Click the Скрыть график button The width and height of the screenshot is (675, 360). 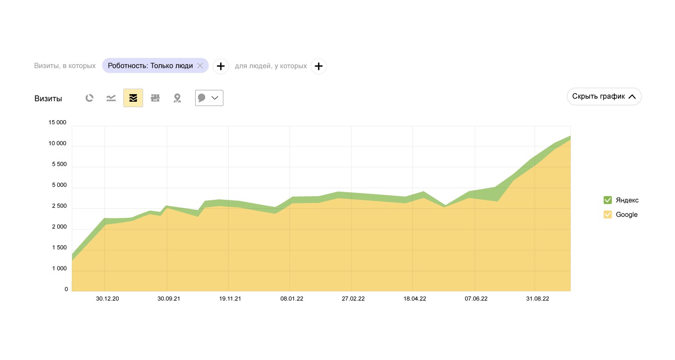[604, 96]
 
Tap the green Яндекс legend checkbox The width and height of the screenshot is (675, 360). [607, 200]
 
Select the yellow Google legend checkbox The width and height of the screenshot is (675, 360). [607, 215]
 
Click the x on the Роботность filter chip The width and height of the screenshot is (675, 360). [200, 66]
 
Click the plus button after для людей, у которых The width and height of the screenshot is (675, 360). [319, 66]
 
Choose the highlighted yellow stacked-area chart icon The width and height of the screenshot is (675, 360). [133, 98]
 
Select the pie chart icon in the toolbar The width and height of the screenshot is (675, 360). [90, 98]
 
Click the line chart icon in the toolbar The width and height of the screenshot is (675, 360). [111, 98]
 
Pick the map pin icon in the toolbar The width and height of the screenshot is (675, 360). [177, 98]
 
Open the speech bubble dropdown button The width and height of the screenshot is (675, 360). [209, 98]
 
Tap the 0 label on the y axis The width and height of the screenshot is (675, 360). [66, 289]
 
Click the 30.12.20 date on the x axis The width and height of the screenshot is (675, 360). [108, 299]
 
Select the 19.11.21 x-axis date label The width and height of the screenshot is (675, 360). [230, 299]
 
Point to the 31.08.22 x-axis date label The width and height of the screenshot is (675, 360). [537, 299]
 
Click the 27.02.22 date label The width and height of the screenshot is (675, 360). [353, 299]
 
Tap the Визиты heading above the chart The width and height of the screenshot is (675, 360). [48, 99]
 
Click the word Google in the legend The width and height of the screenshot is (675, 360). [626, 215]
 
